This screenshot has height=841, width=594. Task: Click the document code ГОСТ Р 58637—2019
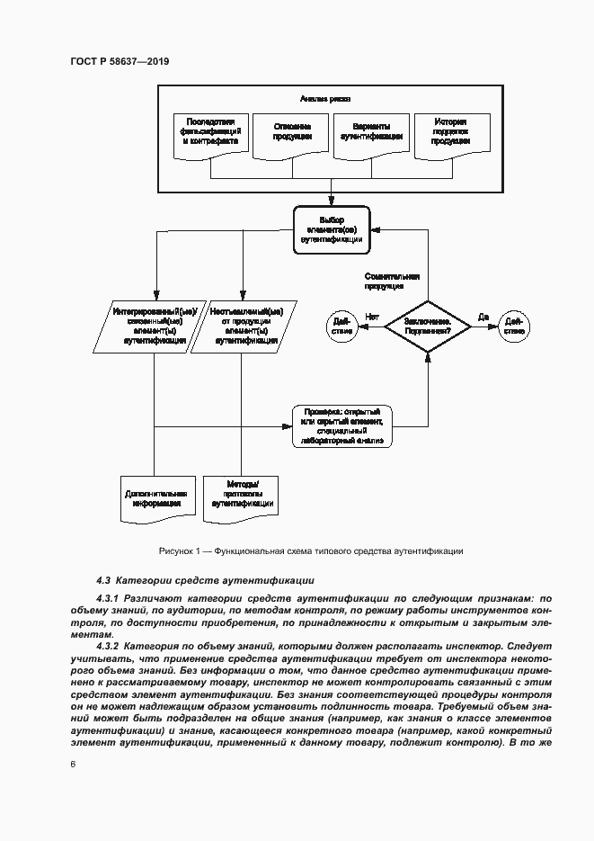click(x=120, y=61)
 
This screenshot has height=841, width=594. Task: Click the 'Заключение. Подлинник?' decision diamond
click(x=427, y=326)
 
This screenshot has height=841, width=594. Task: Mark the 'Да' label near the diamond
click(x=483, y=316)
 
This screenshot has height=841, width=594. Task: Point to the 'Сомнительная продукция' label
click(x=391, y=282)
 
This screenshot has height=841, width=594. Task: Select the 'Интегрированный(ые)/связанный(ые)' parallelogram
click(x=155, y=326)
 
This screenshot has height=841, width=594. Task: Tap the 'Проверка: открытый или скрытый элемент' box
click(x=343, y=426)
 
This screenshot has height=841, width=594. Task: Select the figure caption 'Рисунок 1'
click(x=310, y=550)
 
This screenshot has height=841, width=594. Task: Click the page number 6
click(x=73, y=763)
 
